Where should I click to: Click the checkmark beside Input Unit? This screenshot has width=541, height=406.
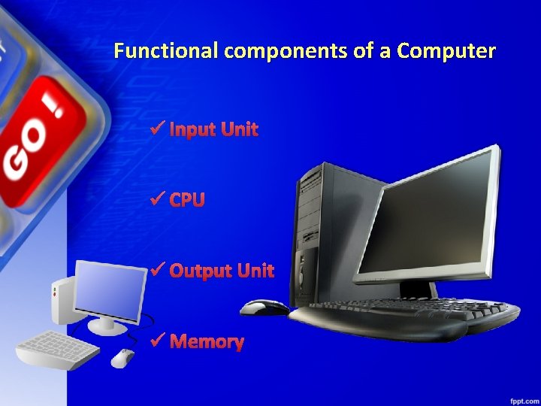(157, 129)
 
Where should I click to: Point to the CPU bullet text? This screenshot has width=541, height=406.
(187, 200)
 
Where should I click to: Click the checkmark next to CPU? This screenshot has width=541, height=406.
(157, 199)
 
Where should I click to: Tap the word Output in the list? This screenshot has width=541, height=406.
(201, 271)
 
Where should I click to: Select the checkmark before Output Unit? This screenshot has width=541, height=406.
(157, 270)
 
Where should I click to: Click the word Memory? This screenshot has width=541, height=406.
(207, 342)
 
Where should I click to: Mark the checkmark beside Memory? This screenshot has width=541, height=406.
(157, 341)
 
